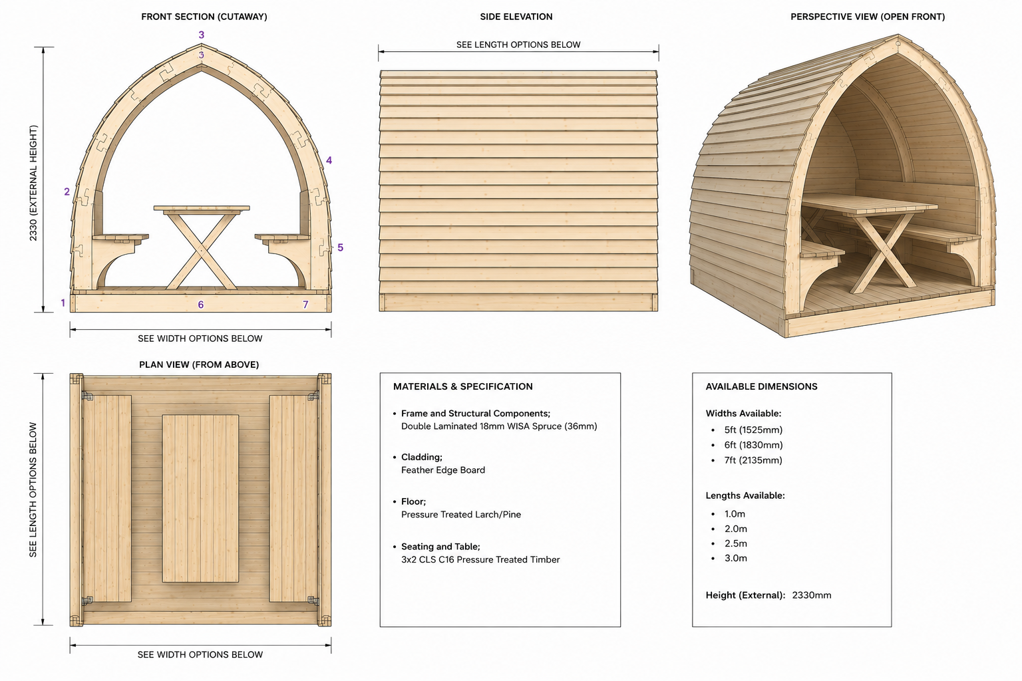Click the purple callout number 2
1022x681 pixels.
pyautogui.click(x=67, y=192)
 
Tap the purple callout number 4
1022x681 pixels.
pyautogui.click(x=329, y=160)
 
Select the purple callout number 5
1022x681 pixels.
pyautogui.click(x=341, y=247)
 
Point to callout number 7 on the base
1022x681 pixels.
pyautogui.click(x=305, y=304)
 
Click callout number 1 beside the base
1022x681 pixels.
pyautogui.click(x=63, y=303)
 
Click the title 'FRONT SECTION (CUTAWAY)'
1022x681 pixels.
pyautogui.click(x=204, y=17)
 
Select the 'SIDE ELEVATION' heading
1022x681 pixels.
pyautogui.click(x=516, y=17)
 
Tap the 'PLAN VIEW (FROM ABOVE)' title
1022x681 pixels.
pyautogui.click(x=199, y=364)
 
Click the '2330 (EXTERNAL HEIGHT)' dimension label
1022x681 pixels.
pyautogui.click(x=33, y=183)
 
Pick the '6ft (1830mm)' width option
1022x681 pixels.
pyautogui.click(x=753, y=445)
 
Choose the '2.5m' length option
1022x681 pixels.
pyautogui.click(x=735, y=543)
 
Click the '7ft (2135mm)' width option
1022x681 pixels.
pyautogui.click(x=753, y=460)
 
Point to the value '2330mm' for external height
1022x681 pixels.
pyautogui.click(x=812, y=595)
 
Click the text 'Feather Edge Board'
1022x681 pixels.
pyautogui.click(x=443, y=470)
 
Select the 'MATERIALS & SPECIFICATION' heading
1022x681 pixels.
pyautogui.click(x=462, y=386)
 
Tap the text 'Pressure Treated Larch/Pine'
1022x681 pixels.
pyautogui.click(x=461, y=515)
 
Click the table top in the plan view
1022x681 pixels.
pyautogui.click(x=200, y=498)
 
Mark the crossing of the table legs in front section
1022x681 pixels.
pyautogui.click(x=201, y=249)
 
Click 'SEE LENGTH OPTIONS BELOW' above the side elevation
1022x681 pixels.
pyautogui.click(x=518, y=45)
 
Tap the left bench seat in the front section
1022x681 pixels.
pyautogui.click(x=120, y=237)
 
